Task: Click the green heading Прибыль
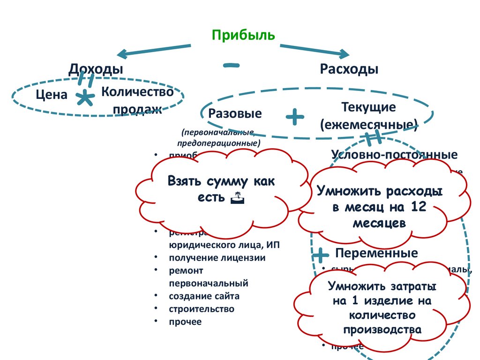click(243, 36)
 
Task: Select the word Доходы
click(96, 69)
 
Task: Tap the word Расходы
click(349, 69)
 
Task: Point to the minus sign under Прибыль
click(231, 65)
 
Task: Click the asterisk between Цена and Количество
click(84, 98)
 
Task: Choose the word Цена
click(52, 95)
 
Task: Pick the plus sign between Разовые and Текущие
click(295, 116)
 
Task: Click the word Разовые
click(235, 114)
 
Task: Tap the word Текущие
click(369, 107)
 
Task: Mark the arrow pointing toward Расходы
click(314, 49)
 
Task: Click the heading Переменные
click(376, 254)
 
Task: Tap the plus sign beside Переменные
click(321, 255)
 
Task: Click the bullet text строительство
click(201, 309)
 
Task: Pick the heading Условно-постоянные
click(394, 155)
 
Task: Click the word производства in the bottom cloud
click(382, 330)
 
